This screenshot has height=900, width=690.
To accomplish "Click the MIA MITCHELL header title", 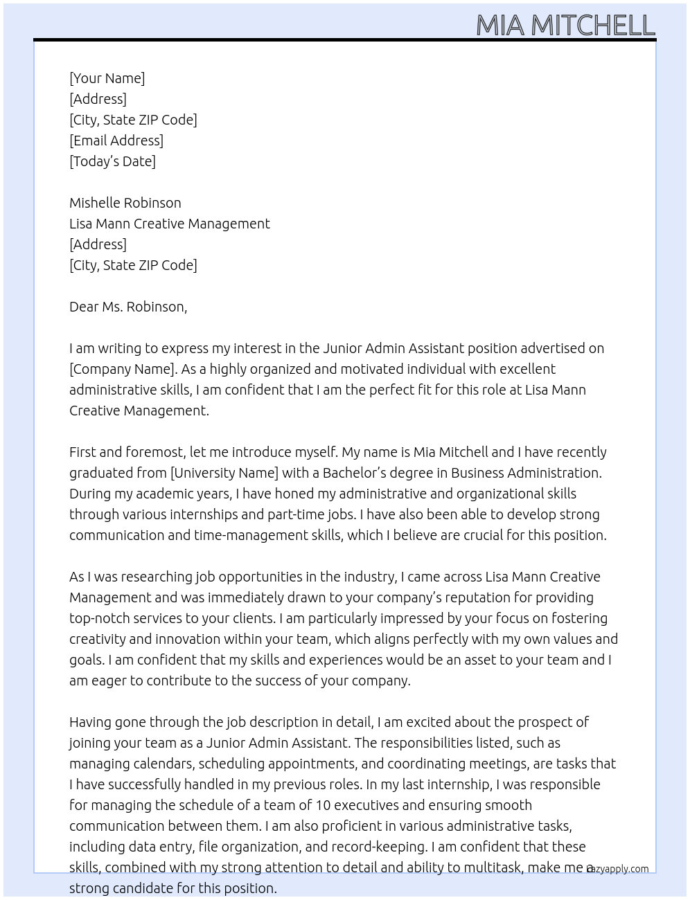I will tap(565, 26).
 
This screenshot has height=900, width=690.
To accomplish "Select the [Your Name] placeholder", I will tap(107, 78).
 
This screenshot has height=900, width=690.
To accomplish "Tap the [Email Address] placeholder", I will tap(116, 141).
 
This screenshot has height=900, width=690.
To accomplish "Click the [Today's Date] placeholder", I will tap(112, 161).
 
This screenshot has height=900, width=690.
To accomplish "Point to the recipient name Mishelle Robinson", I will tap(125, 203).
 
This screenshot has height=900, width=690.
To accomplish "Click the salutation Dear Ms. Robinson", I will tap(127, 307).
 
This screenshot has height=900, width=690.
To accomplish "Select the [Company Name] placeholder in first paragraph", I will tap(122, 369).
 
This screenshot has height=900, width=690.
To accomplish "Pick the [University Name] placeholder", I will tap(224, 473).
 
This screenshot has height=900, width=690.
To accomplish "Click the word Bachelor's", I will tap(357, 473).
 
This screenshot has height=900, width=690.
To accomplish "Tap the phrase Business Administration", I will tap(526, 473).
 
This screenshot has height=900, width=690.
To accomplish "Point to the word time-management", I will tap(247, 535).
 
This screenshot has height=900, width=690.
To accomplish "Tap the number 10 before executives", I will tap(323, 805).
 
